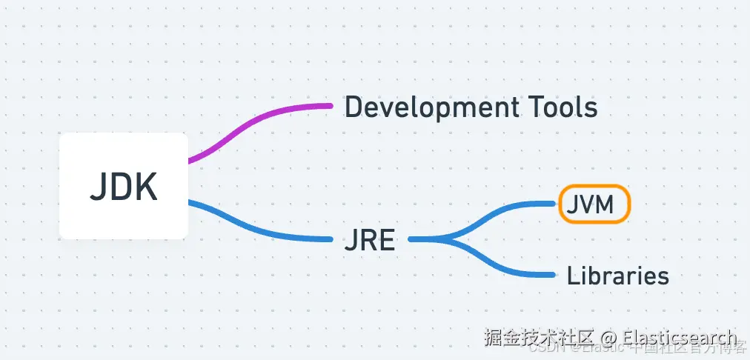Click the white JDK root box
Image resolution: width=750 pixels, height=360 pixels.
pos(123,186)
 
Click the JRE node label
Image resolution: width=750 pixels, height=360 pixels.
pos(369,240)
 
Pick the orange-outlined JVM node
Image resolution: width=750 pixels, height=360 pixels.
pos(594,204)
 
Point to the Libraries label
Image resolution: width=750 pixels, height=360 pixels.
pos(617,276)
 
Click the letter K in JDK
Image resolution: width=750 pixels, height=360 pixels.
pos(146,187)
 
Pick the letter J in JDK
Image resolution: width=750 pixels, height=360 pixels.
pos(97,187)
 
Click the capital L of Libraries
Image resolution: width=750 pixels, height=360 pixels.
pos(571,276)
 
